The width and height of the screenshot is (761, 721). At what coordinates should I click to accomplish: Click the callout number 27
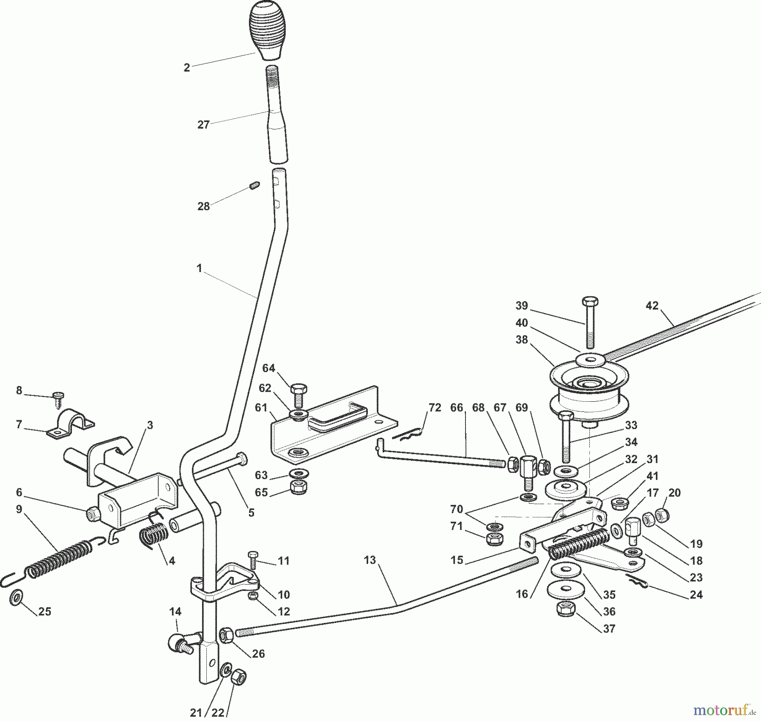[203, 125]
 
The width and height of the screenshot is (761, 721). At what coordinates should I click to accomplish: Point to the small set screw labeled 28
[254, 185]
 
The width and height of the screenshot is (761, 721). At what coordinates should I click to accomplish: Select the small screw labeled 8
[57, 398]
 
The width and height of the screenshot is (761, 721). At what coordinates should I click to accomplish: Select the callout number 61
[261, 408]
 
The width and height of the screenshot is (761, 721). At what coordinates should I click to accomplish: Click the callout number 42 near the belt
[652, 305]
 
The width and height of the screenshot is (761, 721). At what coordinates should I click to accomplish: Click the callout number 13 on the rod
[370, 560]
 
